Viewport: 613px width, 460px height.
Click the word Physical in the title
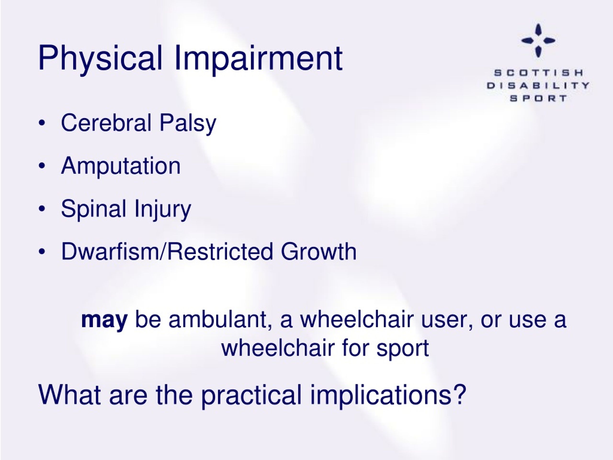coord(100,58)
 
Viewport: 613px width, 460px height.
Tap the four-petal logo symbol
coord(538,40)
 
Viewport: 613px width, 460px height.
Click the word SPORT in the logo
coord(538,98)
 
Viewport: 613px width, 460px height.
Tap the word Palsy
coord(188,124)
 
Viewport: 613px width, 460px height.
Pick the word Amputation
coord(121,166)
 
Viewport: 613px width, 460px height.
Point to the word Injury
coord(163,210)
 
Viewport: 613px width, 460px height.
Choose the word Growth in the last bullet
coord(319,252)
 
